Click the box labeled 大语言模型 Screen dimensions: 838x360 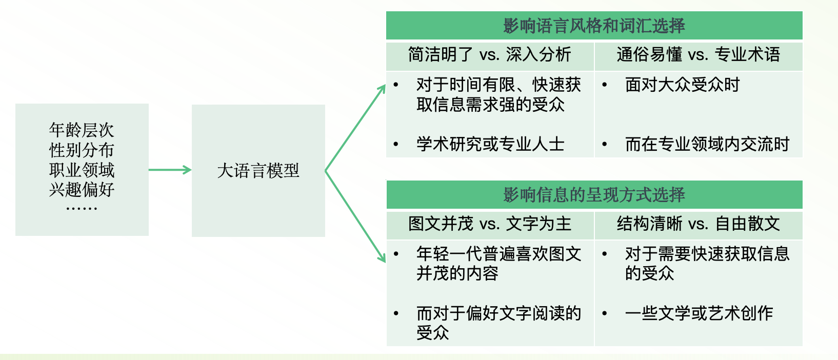click(x=258, y=170)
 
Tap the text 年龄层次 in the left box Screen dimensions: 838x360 click(x=82, y=130)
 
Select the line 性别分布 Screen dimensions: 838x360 click(x=82, y=150)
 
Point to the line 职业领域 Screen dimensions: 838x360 click(x=82, y=170)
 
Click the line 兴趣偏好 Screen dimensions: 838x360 click(x=82, y=189)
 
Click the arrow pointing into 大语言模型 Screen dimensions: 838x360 click(x=170, y=170)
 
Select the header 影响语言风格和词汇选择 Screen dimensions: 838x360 click(x=594, y=26)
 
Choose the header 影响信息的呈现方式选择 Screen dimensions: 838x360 click(x=594, y=195)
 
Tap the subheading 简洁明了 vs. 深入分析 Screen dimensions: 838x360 click(x=489, y=54)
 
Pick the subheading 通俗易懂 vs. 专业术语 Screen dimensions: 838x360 click(x=698, y=54)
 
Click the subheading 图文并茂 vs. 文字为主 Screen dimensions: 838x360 click(x=489, y=224)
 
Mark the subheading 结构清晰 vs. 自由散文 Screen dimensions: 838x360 click(x=698, y=224)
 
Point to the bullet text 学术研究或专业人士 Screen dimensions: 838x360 click(x=490, y=144)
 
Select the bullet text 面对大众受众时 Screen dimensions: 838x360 click(x=682, y=85)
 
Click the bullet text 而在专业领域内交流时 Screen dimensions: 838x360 click(x=707, y=144)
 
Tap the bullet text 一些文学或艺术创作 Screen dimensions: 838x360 click(x=699, y=313)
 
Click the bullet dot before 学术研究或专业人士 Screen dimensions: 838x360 click(x=396, y=145)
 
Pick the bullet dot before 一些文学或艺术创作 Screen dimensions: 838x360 click(x=605, y=313)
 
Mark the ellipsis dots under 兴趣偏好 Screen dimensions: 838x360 click(x=82, y=208)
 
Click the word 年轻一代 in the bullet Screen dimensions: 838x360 click(x=449, y=253)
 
